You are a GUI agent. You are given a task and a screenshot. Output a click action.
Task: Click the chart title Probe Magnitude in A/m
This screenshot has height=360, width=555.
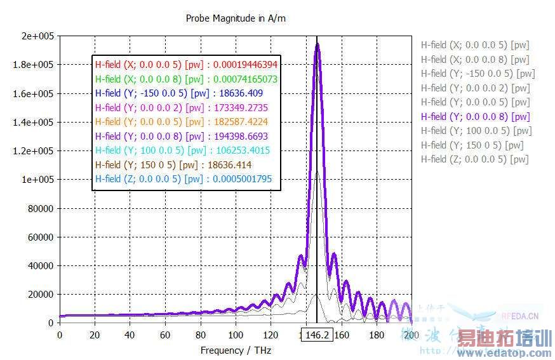[x=236, y=18]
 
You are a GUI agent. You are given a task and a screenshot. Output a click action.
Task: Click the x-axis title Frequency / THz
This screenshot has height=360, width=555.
[x=235, y=350]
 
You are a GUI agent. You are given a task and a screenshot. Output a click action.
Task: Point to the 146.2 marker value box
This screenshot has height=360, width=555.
[x=316, y=335]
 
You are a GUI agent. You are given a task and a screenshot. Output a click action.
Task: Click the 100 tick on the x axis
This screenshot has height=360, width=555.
[x=236, y=335]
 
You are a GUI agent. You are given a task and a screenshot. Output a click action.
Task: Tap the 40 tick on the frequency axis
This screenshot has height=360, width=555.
[x=130, y=335]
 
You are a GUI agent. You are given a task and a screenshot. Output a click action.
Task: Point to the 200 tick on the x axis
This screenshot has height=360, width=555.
[x=411, y=335]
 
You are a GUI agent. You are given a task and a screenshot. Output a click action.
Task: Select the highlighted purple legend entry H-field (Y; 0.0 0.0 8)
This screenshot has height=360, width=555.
[x=475, y=116]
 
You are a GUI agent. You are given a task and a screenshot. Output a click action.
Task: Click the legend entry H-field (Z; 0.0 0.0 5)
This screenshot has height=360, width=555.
[x=474, y=159]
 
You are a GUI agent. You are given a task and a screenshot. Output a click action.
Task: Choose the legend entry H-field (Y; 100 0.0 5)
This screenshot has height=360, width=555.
[x=476, y=131]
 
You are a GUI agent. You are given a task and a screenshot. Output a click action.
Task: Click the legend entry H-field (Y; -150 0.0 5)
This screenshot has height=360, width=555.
[x=478, y=74]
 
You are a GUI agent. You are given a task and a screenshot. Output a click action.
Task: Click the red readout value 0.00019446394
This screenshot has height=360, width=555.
[x=245, y=64]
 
